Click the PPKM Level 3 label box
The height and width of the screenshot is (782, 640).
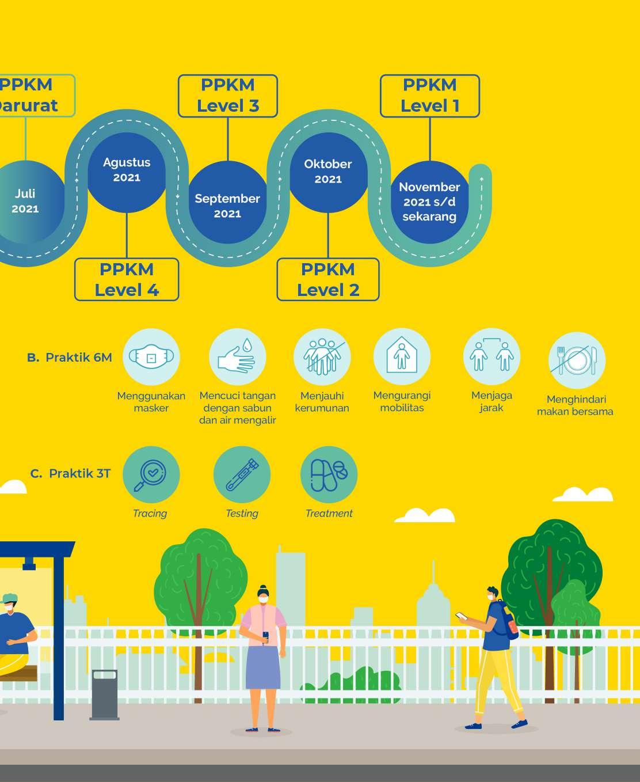pyautogui.click(x=228, y=96)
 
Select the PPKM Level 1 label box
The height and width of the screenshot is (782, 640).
pyautogui.click(x=430, y=96)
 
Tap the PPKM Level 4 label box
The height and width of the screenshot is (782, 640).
pyautogui.click(x=127, y=280)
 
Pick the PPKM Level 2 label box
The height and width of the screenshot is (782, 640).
pyautogui.click(x=328, y=280)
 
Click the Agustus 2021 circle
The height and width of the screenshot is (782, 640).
pyautogui.click(x=127, y=170)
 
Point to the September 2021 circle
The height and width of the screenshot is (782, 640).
pyautogui.click(x=228, y=205)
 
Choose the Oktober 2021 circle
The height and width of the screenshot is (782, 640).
pyautogui.click(x=328, y=172)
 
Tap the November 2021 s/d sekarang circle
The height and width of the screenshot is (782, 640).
pyautogui.click(x=429, y=202)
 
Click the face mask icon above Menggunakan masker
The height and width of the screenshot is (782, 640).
pyautogui.click(x=151, y=357)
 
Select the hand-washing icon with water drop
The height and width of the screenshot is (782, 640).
pyautogui.click(x=237, y=357)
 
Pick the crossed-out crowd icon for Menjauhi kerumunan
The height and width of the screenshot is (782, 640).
pyautogui.click(x=322, y=357)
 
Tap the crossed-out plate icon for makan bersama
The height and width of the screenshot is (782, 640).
pyautogui.click(x=576, y=360)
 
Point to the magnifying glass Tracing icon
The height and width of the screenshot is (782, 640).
pyautogui.click(x=151, y=474)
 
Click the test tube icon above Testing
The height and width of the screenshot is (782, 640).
pyautogui.click(x=242, y=474)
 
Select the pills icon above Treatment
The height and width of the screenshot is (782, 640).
pyautogui.click(x=329, y=474)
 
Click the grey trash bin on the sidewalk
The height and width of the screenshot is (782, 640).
pyautogui.click(x=105, y=694)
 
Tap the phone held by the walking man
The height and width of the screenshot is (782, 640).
pyautogui.click(x=460, y=616)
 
